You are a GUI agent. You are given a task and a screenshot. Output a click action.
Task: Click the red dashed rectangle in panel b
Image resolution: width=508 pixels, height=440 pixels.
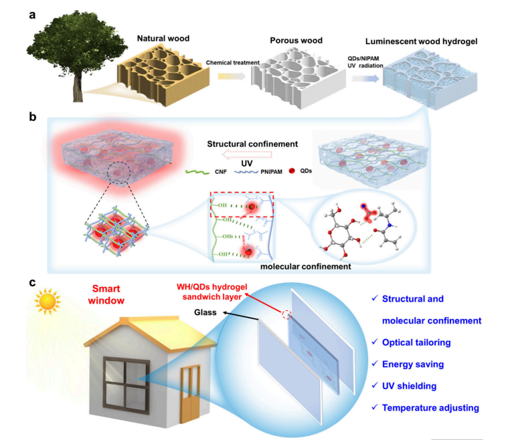[242, 205]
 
